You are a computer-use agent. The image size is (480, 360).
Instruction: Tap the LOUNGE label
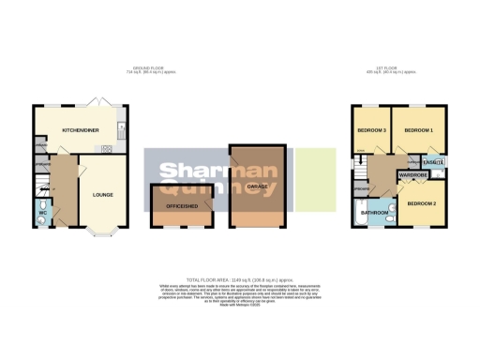[x=103, y=195]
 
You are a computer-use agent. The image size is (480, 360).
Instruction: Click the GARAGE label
[x=258, y=187]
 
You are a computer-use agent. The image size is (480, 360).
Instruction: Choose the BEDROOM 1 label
[x=419, y=129]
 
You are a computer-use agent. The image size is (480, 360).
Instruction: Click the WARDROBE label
[x=412, y=175]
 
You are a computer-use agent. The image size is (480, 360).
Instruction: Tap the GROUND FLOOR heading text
[x=143, y=67]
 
